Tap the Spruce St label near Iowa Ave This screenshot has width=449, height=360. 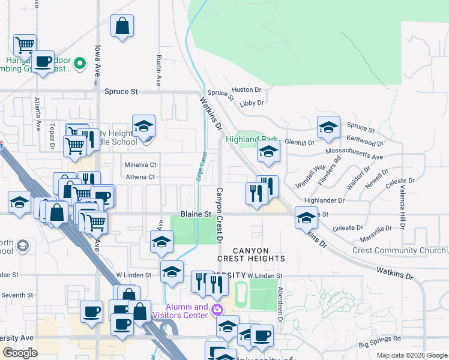point(121,92)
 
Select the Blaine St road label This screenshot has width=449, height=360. point(196,214)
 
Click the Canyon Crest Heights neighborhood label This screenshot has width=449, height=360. point(250,254)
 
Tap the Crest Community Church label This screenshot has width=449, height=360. point(399,250)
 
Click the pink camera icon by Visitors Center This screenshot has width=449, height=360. point(217,310)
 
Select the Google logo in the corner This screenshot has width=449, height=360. point(20,353)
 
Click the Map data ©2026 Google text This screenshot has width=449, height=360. point(412,355)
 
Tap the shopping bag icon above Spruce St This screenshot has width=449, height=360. point(122,26)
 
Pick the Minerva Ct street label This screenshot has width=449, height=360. point(140,164)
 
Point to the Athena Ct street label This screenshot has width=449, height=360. point(140,177)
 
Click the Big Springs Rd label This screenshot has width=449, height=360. point(379,345)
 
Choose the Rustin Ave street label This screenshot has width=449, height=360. point(158,70)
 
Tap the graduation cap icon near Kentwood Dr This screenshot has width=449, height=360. point(328,127)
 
